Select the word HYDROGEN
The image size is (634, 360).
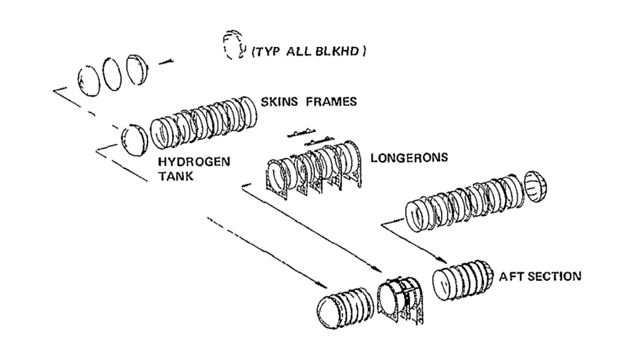point(194,162)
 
